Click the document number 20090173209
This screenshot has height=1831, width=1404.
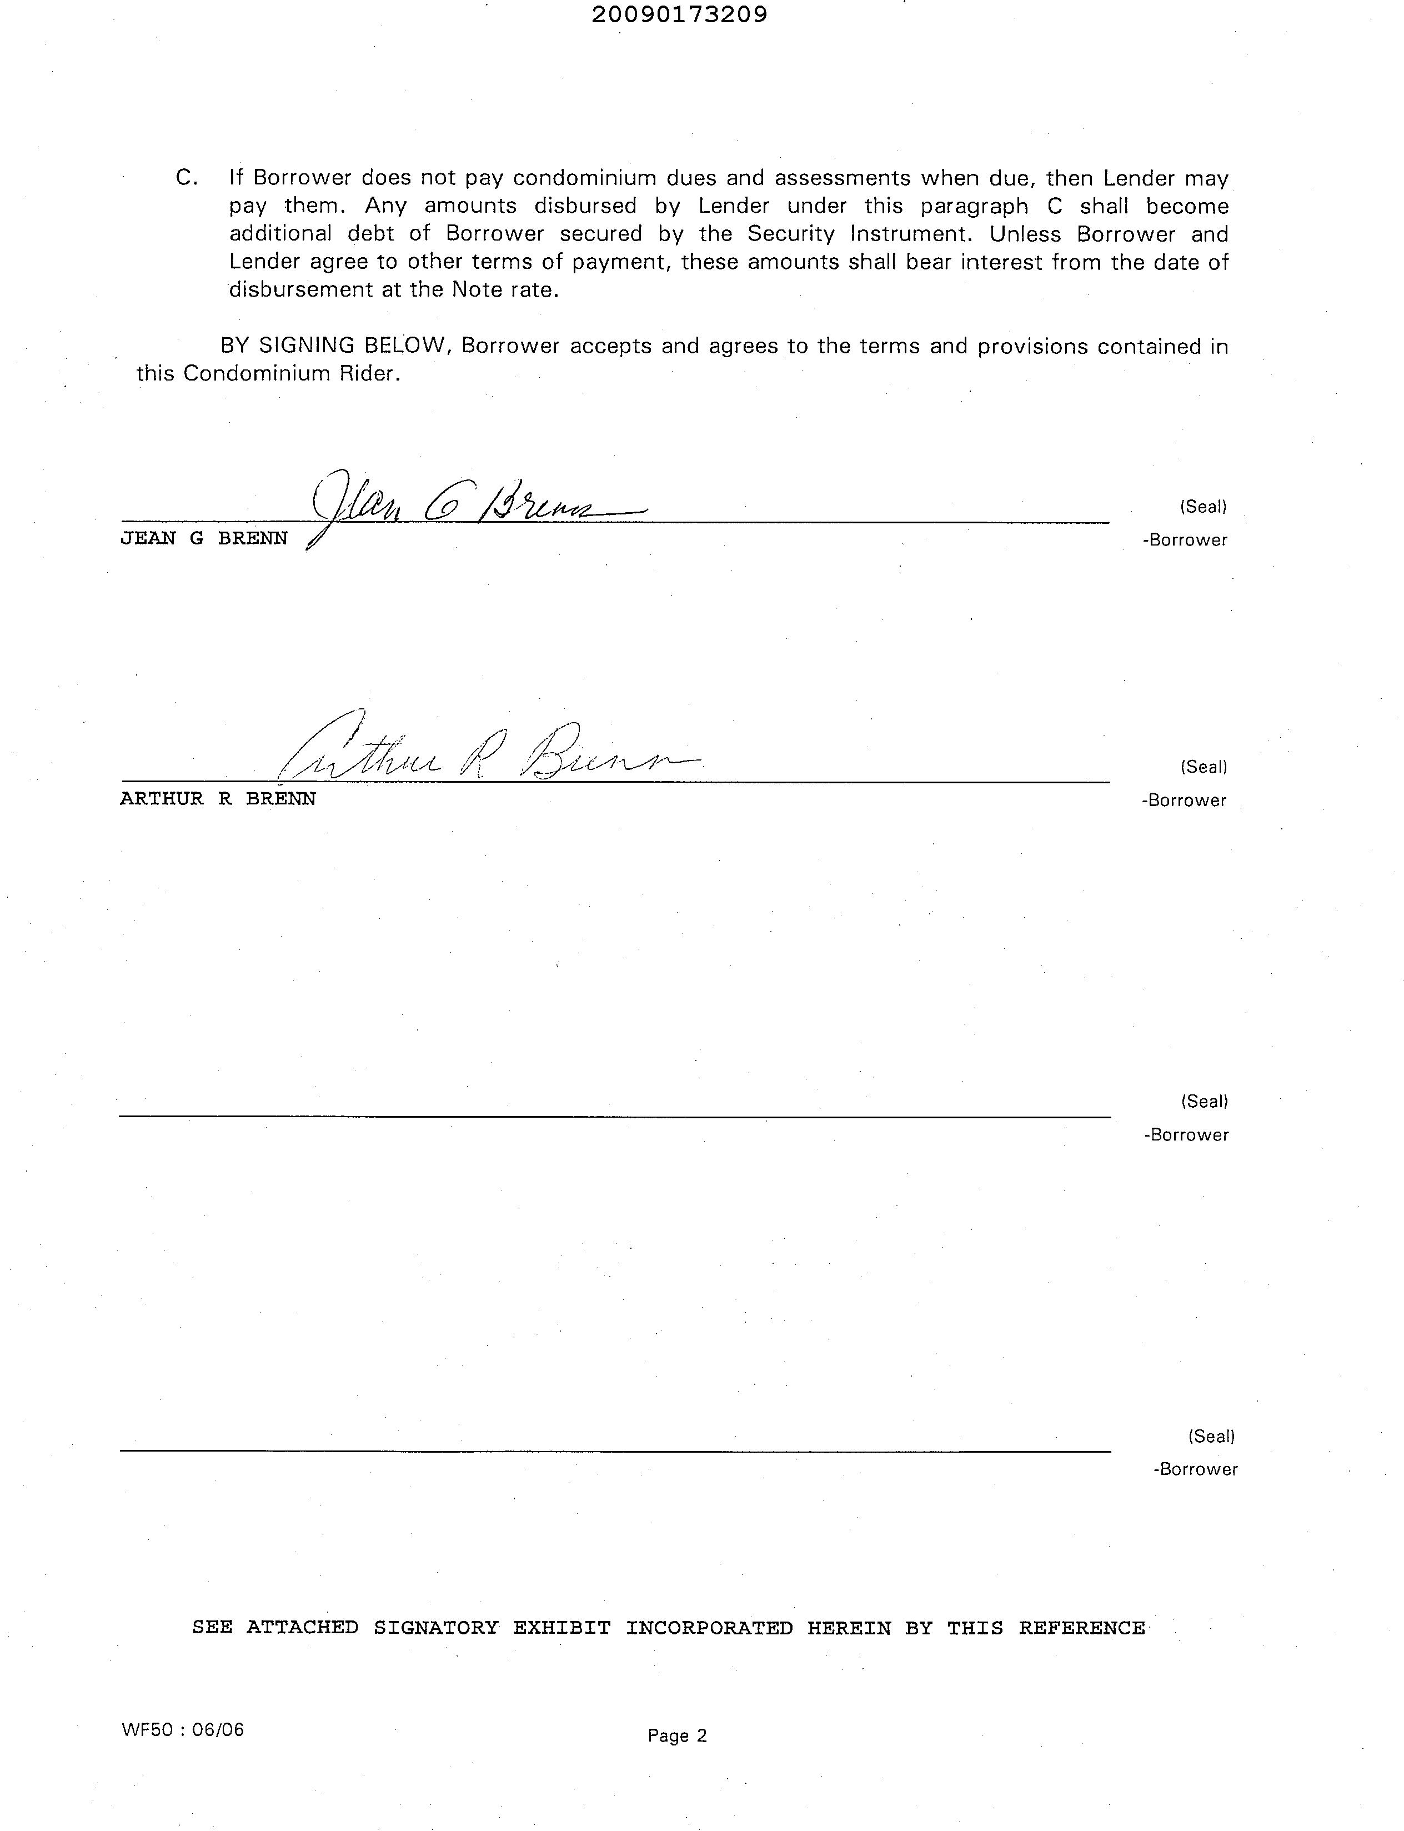(x=679, y=15)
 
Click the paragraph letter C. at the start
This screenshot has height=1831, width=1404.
(x=187, y=178)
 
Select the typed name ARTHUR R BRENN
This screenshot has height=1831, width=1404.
(x=218, y=799)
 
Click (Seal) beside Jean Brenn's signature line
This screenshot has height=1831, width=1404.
(x=1202, y=507)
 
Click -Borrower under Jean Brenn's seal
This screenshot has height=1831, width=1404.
(x=1185, y=541)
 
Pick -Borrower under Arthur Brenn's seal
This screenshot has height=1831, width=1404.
(x=1184, y=801)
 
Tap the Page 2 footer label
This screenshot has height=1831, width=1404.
(x=677, y=1736)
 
